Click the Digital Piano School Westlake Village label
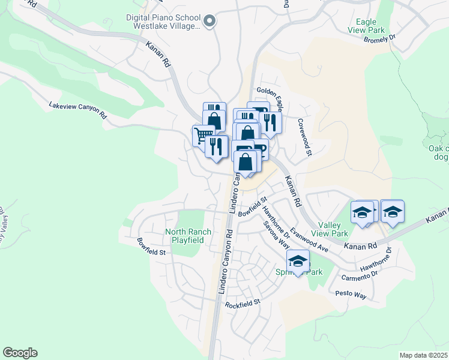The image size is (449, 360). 163,22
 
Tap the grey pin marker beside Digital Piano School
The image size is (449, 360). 209,22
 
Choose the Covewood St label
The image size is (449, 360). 304,137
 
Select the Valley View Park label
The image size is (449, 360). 330,229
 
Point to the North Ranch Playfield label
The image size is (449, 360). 184,235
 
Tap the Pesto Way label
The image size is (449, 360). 351,295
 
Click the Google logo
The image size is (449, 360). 20,353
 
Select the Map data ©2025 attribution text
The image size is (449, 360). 424,355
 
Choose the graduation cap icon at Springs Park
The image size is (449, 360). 298,260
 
